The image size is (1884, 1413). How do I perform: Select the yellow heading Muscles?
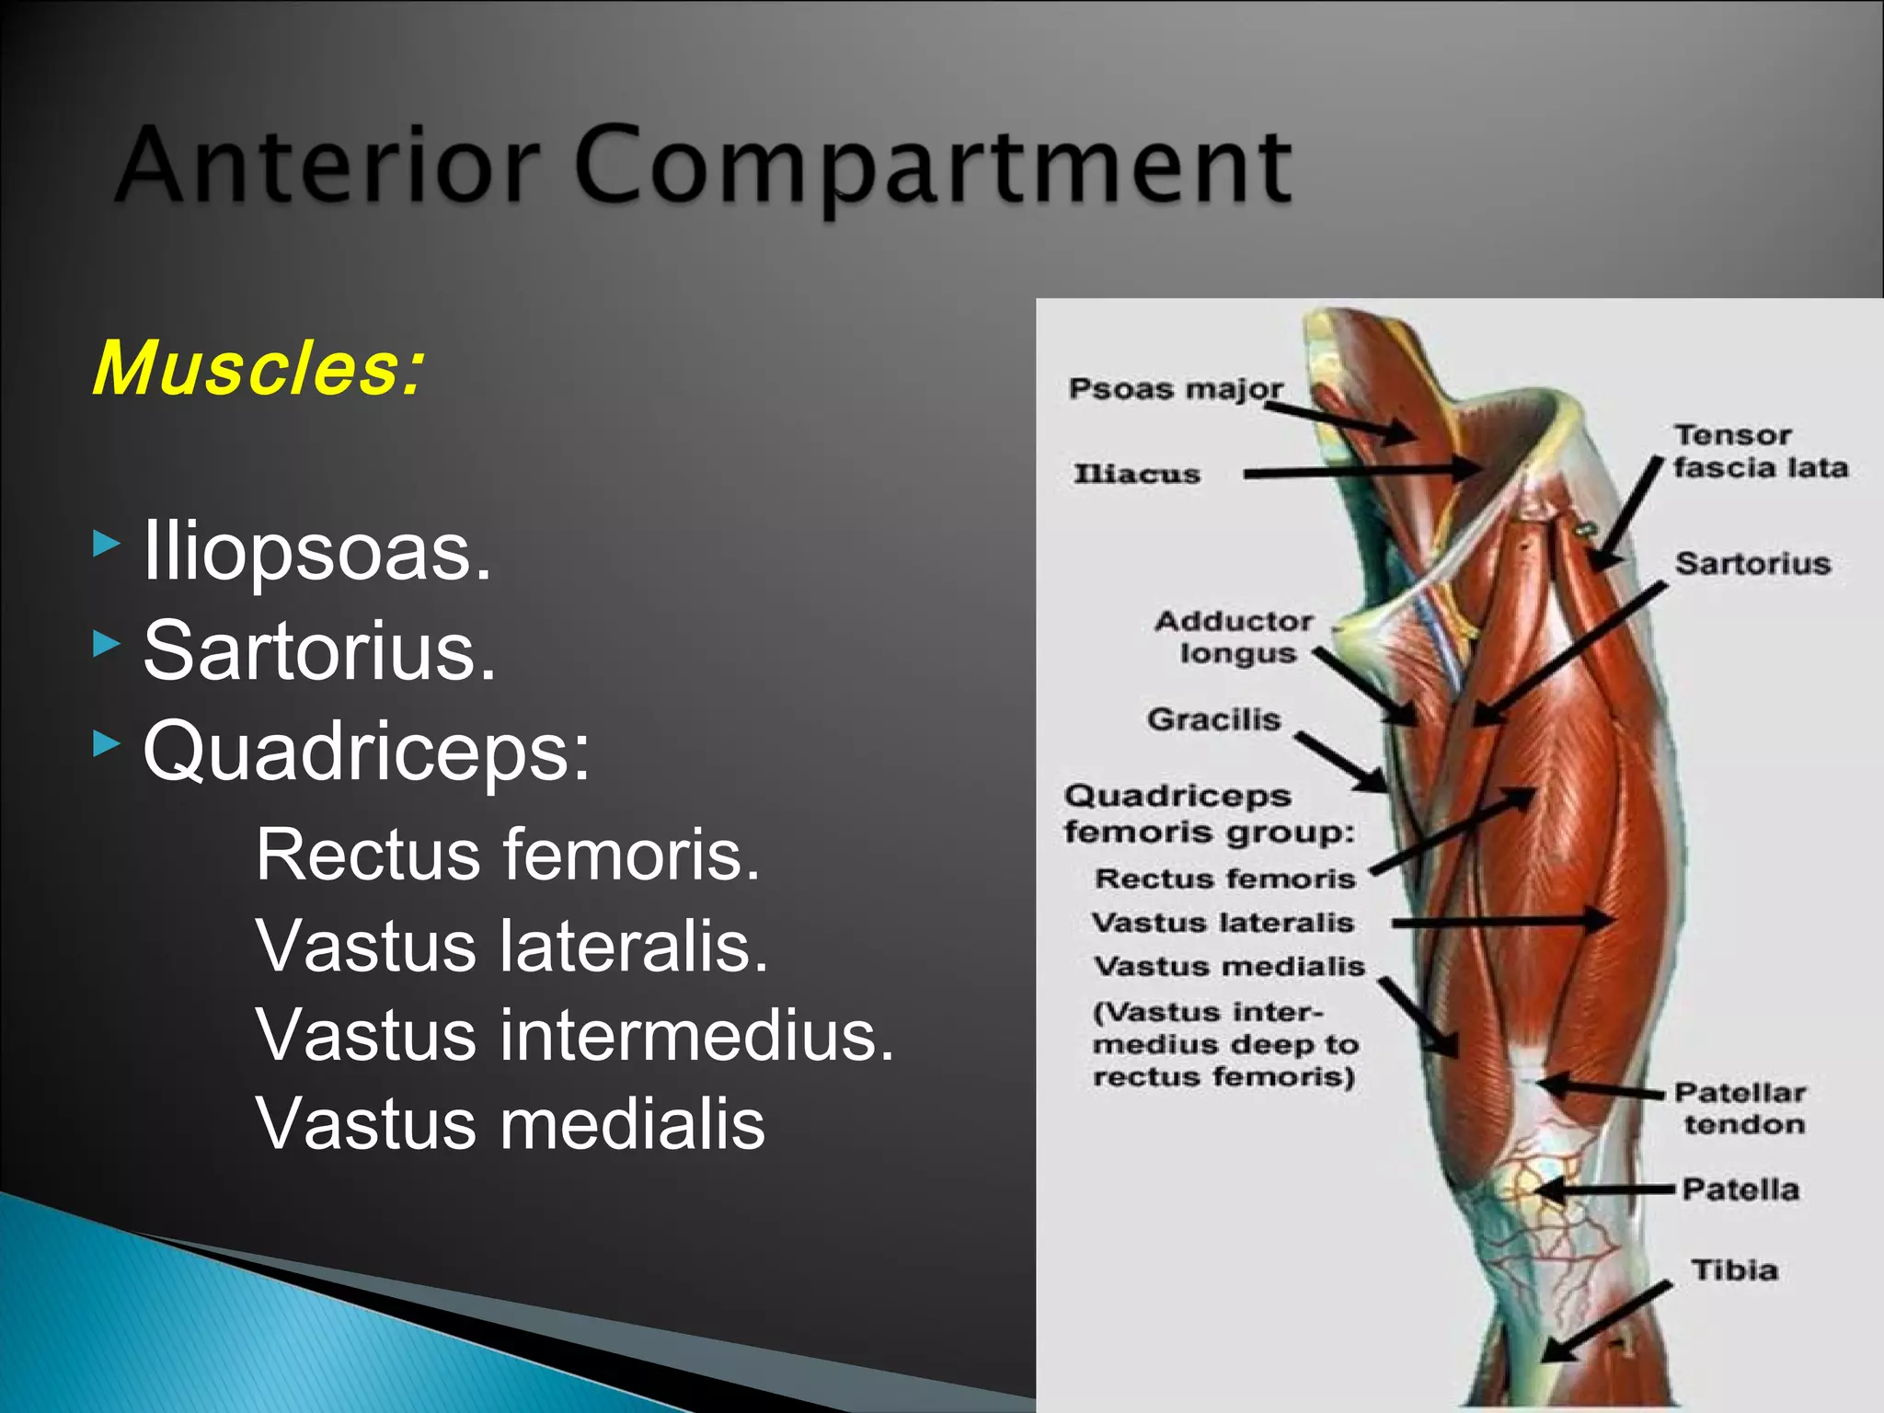click(258, 369)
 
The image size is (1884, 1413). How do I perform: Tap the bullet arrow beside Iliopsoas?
click(107, 544)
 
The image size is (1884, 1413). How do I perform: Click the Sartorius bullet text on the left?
click(319, 650)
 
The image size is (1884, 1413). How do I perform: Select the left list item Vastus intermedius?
click(575, 1035)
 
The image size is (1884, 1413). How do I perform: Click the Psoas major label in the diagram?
click(1175, 389)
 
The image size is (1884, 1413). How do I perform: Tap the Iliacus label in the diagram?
click(1137, 475)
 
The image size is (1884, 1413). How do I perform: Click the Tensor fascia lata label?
click(1759, 452)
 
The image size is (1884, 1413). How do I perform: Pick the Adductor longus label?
click(1235, 638)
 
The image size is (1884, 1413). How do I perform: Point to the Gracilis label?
click(1213, 719)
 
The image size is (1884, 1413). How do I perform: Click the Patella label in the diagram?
click(1740, 1189)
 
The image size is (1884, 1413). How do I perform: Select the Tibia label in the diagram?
click(1734, 1270)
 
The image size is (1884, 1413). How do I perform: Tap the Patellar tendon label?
click(1740, 1109)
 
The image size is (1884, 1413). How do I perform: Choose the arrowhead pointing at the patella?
click(1550, 1190)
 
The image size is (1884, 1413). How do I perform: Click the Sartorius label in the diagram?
click(1752, 563)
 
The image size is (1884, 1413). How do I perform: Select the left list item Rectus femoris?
click(508, 855)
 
